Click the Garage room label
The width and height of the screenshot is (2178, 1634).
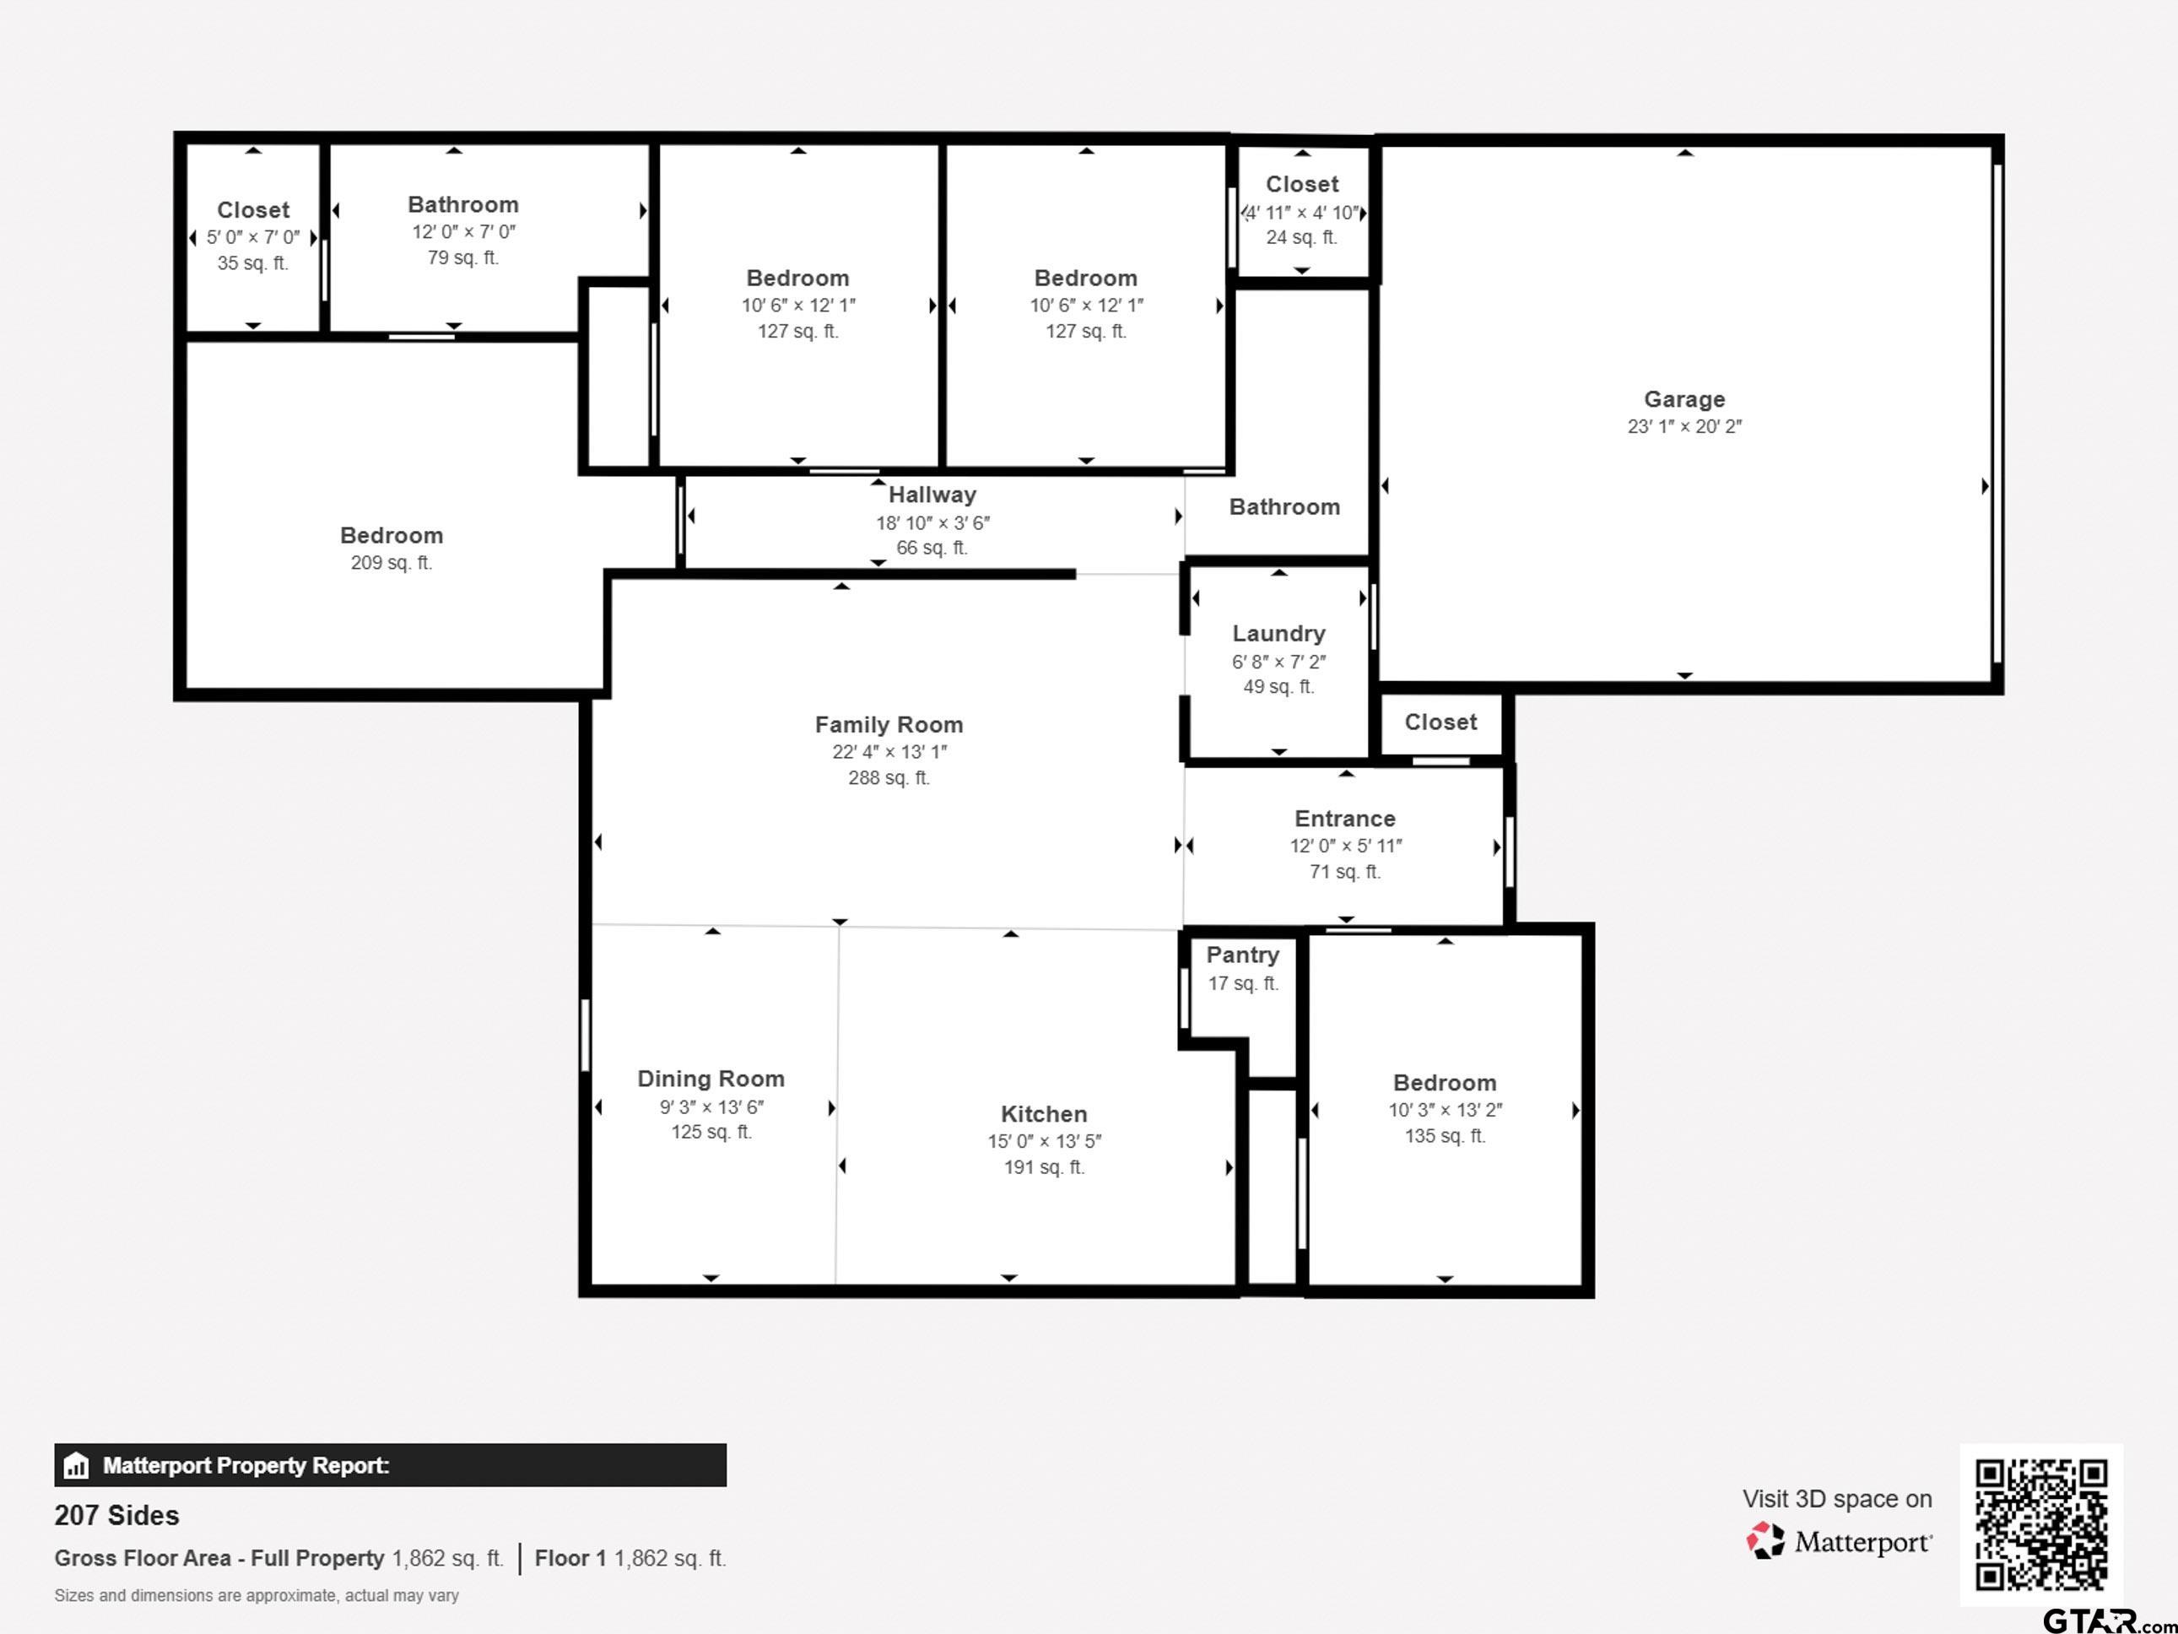tap(1683, 399)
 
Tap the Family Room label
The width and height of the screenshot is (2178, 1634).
tap(888, 725)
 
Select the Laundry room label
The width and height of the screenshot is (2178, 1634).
tap(1278, 633)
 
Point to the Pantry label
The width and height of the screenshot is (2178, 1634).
tap(1243, 955)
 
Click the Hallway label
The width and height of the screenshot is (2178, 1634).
tap(932, 495)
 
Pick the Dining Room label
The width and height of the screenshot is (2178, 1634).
tap(710, 1079)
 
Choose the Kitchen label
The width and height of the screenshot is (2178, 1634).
tap(1044, 1114)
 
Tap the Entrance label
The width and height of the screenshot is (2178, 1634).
tap(1345, 819)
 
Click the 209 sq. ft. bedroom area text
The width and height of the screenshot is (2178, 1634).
tap(391, 562)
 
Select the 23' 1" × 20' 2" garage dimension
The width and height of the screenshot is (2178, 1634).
tap(1683, 426)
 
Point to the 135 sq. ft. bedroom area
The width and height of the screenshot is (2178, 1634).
tap(1445, 1136)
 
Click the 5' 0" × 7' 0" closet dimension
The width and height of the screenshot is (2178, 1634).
tap(253, 237)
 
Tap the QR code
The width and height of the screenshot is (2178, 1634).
tap(2041, 1524)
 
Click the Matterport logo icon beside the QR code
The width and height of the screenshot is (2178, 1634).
tap(1765, 1540)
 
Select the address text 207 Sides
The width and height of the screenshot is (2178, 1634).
tap(116, 1515)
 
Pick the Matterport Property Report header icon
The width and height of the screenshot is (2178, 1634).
tap(76, 1465)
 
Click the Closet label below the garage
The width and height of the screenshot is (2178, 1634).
tap(1440, 722)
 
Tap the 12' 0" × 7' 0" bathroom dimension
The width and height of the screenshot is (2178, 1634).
tap(462, 231)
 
